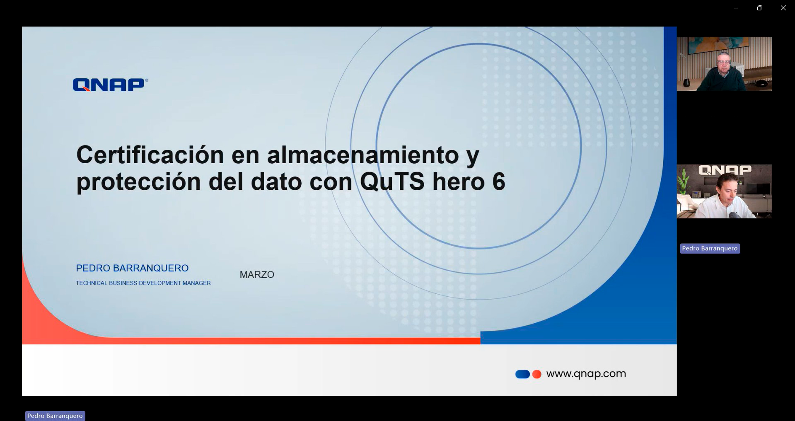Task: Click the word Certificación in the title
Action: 150,155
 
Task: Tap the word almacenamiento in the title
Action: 363,155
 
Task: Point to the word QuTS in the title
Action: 392,181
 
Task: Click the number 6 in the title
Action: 499,181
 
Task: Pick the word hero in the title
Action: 459,181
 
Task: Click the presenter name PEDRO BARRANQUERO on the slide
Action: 132,268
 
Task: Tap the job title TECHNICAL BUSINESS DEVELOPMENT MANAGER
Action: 143,283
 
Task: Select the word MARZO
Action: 257,274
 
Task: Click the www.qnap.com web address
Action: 586,374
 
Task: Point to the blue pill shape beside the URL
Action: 522,374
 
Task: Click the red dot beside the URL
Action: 537,374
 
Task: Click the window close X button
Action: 783,8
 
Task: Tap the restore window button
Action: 759,8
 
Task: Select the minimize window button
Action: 736,8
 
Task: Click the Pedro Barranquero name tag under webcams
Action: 710,248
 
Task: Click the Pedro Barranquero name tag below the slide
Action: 55,416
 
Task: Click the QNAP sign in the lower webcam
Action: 725,170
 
